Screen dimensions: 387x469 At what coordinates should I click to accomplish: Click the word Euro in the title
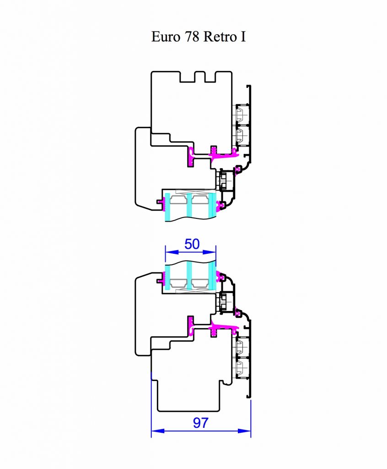coord(166,37)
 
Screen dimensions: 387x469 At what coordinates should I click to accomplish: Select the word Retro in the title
coord(219,37)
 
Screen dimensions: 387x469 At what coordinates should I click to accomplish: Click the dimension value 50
coord(192,244)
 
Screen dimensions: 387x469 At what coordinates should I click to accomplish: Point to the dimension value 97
coord(200,423)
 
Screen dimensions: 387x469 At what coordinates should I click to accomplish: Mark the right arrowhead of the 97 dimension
coord(244,431)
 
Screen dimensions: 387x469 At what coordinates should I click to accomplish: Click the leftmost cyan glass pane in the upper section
coord(167,207)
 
